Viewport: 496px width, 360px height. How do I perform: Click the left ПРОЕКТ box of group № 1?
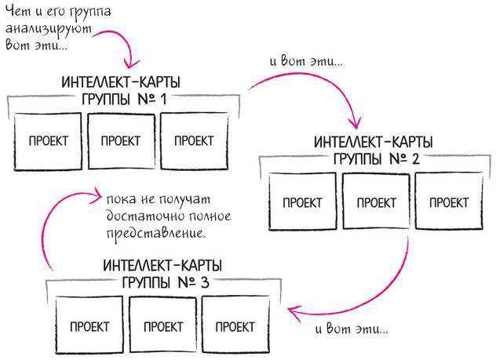point(48,141)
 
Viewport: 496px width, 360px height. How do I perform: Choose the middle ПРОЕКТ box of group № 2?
point(374,202)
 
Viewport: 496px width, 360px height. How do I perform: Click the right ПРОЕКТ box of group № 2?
point(447,202)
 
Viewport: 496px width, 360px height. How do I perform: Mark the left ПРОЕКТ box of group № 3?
point(89,325)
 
